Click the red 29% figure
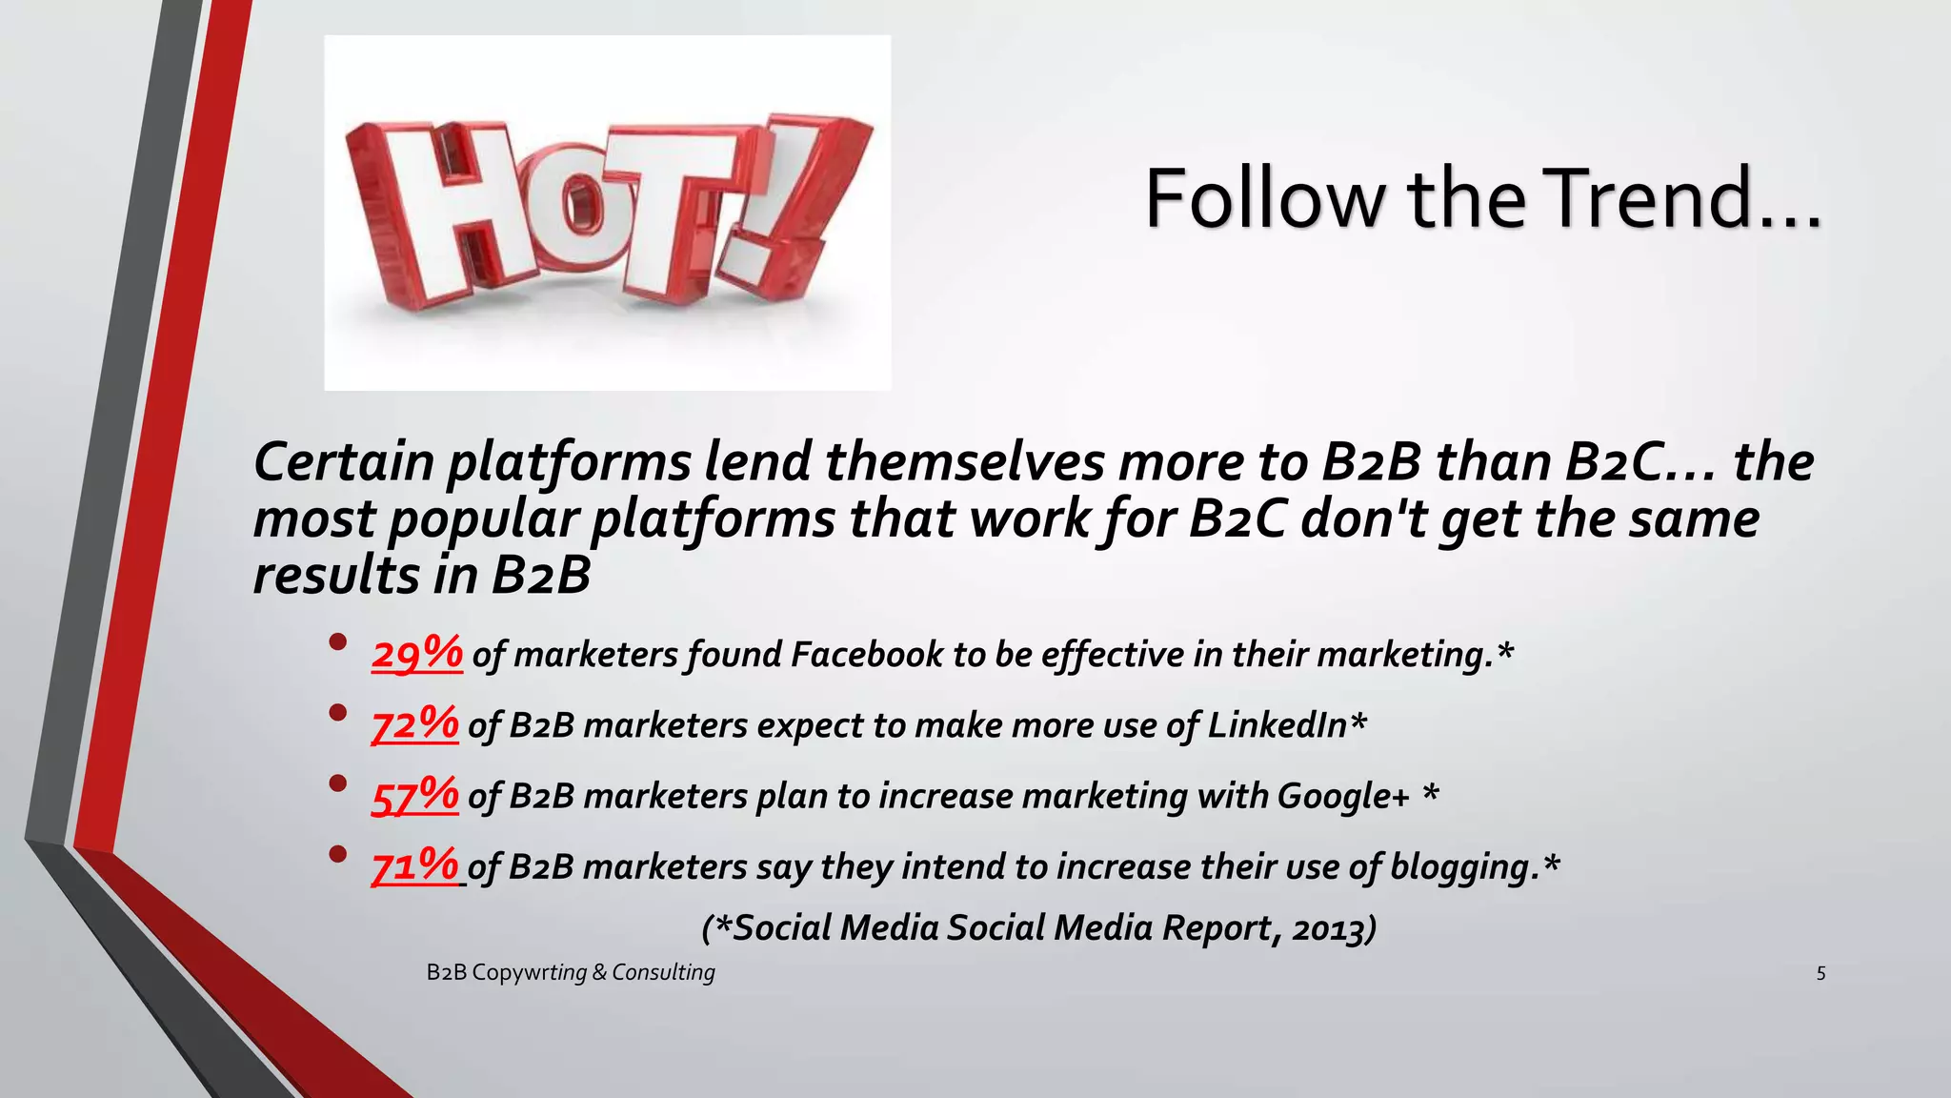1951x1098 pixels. pos(417,654)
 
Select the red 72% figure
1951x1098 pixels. pos(415,724)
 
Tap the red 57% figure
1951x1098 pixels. pos(415,796)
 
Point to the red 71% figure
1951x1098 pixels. pos(415,866)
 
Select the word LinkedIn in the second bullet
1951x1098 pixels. pos(1277,725)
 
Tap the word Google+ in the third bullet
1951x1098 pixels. pos(1342,796)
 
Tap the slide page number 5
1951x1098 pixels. pos(1820,973)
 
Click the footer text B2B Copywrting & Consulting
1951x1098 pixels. pos(571,972)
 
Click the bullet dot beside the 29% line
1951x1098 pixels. pos(337,641)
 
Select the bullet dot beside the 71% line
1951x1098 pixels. pos(337,854)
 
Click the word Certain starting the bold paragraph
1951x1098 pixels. pos(344,462)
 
